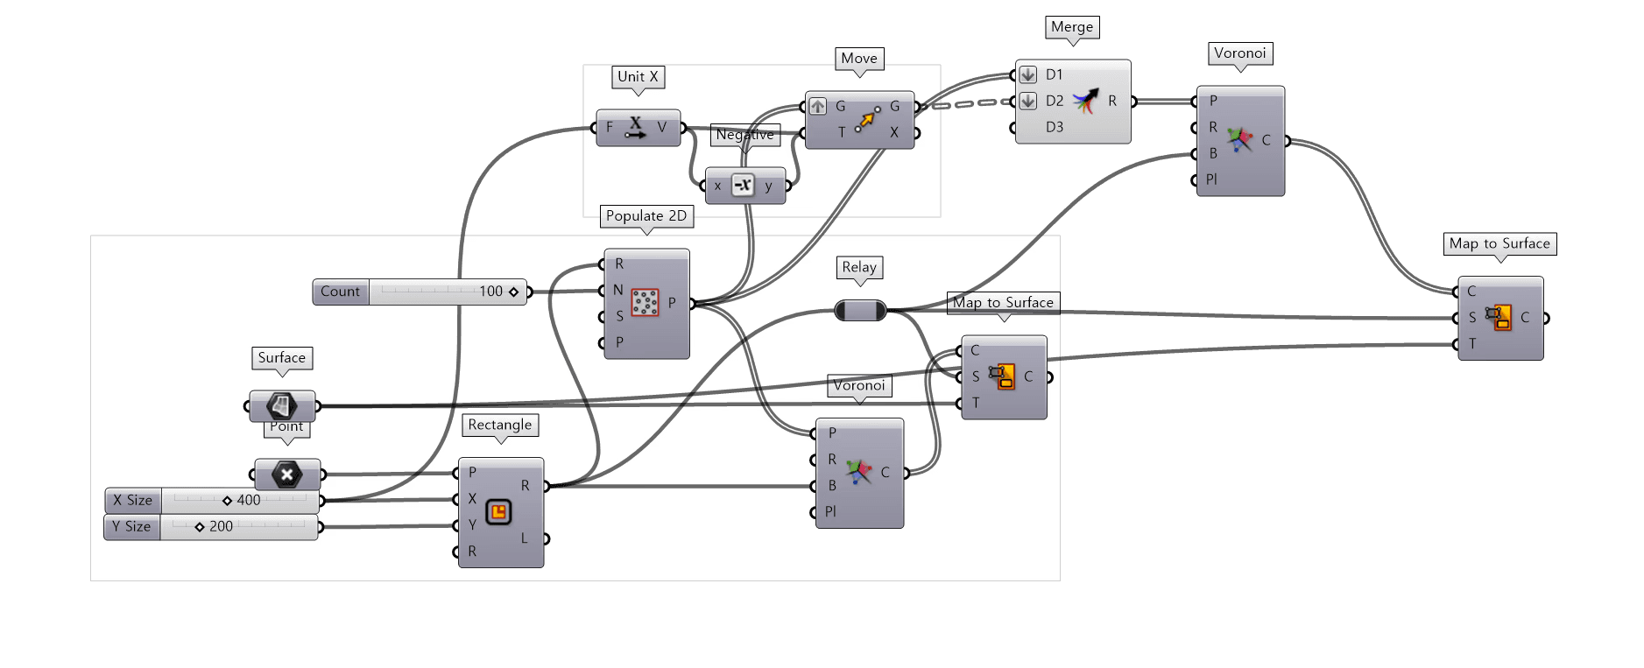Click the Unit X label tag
[638, 77]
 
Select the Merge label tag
[1072, 27]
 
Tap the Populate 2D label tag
[646, 216]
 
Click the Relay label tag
[859, 267]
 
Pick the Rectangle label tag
[500, 425]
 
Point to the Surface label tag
[282, 358]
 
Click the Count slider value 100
[490, 292]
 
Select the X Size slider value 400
[249, 501]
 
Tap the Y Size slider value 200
[221, 527]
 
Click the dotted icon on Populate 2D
[646, 303]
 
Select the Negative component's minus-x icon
[743, 186]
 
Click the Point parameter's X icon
[286, 475]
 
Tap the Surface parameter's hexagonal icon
[281, 405]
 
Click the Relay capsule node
[860, 310]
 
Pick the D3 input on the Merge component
[1055, 128]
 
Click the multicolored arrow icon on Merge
[1086, 102]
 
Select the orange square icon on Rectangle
[498, 512]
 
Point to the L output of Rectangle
[525, 538]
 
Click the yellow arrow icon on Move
[867, 119]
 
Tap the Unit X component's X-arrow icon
[636, 128]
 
